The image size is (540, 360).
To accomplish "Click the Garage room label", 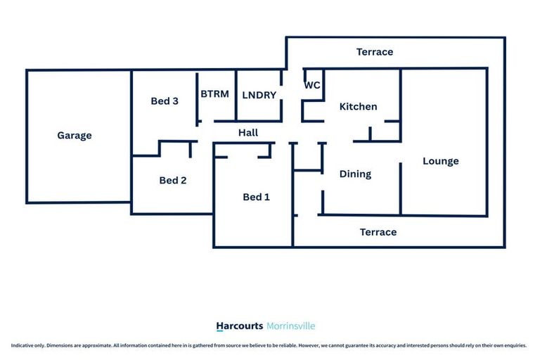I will [x=75, y=136].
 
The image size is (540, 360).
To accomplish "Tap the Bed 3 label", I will [x=165, y=101].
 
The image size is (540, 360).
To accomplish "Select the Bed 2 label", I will [x=173, y=181].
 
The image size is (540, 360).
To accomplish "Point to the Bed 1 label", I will [x=256, y=198].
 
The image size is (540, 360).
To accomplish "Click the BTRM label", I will [x=214, y=94].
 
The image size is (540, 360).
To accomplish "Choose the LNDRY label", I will [x=259, y=96].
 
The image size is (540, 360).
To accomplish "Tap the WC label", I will [x=312, y=85].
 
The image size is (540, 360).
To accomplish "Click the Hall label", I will [x=248, y=133].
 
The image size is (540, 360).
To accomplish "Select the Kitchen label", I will [x=358, y=107].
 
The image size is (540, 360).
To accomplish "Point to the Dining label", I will [x=355, y=174].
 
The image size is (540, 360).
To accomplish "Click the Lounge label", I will [x=441, y=162].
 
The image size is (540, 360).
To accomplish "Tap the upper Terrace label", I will [x=375, y=52].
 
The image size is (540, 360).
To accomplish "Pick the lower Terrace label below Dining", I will [x=378, y=232].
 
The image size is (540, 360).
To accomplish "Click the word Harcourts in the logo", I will [x=240, y=326].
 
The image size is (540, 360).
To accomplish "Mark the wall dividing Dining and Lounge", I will [x=401, y=188].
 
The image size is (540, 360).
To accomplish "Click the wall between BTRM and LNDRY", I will [x=236, y=95].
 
